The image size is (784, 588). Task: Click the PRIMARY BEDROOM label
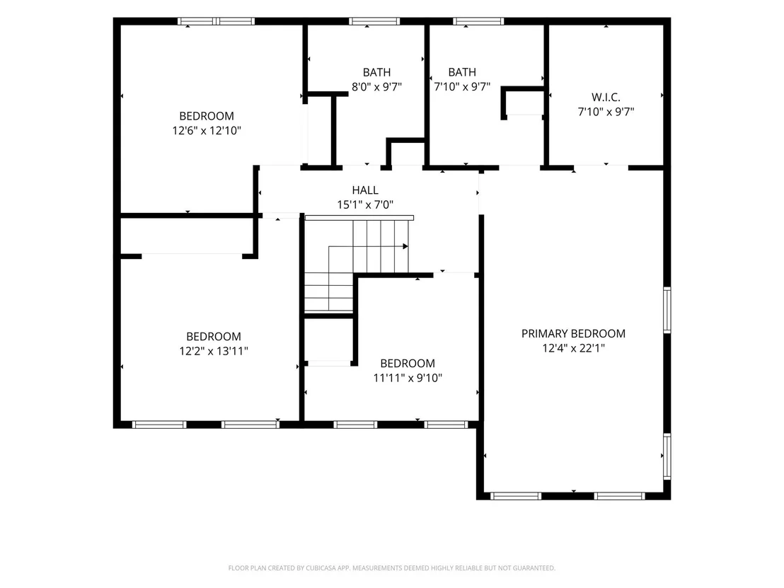tap(573, 333)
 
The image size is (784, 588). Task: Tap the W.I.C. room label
tap(606, 97)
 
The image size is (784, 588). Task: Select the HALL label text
tap(365, 190)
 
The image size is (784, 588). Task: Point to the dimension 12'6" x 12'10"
tap(207, 130)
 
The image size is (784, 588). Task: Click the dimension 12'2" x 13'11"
tap(214, 351)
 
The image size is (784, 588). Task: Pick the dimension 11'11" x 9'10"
tap(408, 378)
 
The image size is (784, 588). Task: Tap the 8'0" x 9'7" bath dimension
tap(376, 86)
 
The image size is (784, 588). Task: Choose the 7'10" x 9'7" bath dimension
tap(462, 86)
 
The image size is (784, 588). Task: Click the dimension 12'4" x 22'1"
tap(574, 348)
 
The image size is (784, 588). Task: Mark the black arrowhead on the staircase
tap(405, 246)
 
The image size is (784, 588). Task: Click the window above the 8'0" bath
tap(374, 21)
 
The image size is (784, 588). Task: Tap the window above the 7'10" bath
tap(478, 21)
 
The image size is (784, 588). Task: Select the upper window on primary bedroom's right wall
tap(667, 309)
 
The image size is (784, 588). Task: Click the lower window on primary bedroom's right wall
tap(667, 456)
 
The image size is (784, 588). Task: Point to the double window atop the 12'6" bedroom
tap(216, 21)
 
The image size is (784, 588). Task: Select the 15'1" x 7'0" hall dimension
tap(365, 204)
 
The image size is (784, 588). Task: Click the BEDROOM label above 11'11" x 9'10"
tap(408, 364)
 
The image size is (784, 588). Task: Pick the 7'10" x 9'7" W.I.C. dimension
tap(606, 112)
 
